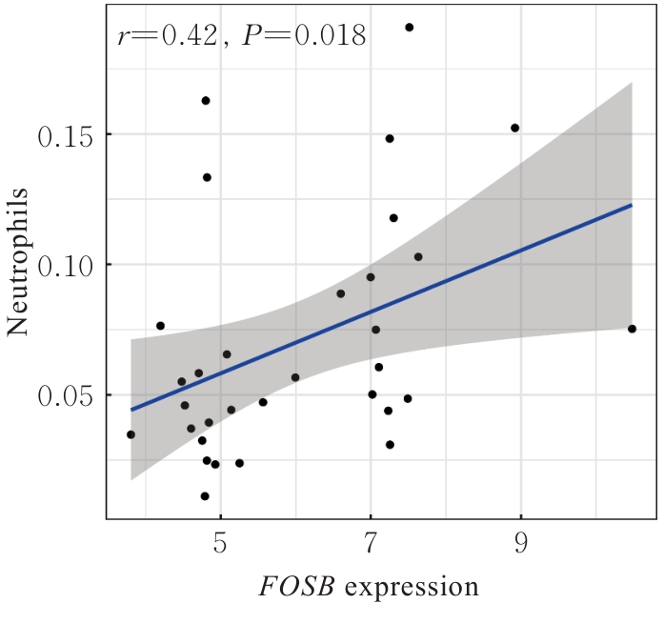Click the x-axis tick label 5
(x=221, y=545)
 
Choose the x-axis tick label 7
(x=371, y=545)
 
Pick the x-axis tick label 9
(x=521, y=545)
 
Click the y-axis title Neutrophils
(x=19, y=263)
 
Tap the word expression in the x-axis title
(x=412, y=588)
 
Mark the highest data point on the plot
(x=410, y=28)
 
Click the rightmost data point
(x=632, y=329)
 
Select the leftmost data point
(x=131, y=434)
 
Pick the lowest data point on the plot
(x=205, y=496)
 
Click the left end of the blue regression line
(x=131, y=410)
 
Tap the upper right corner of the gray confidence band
(x=633, y=83)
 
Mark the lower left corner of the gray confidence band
(x=131, y=479)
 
